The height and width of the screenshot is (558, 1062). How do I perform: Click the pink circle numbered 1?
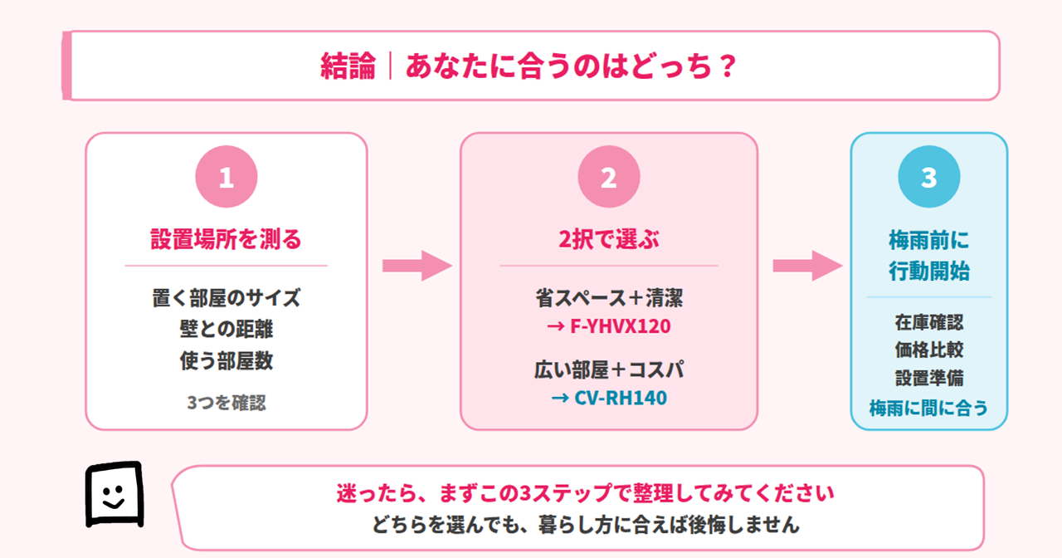[226, 177]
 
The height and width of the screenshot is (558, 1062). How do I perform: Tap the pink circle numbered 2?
[608, 177]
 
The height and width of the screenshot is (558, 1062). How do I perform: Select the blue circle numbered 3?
[928, 177]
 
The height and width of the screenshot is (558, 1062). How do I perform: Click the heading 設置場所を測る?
[226, 240]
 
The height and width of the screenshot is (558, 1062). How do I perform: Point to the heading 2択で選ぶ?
[608, 240]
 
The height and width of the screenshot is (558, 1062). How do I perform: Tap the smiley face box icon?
[114, 494]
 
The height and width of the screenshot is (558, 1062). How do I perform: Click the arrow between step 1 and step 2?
[415, 266]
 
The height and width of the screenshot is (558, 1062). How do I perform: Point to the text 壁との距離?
[226, 329]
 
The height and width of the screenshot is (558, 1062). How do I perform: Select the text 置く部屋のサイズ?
[226, 298]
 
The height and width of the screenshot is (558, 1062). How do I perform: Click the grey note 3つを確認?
[226, 403]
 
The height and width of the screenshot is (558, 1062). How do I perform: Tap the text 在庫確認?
[928, 322]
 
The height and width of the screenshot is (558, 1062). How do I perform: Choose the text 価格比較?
[928, 350]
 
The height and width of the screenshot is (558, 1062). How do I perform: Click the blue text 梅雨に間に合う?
[928, 407]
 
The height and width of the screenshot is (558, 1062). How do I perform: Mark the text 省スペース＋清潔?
[608, 298]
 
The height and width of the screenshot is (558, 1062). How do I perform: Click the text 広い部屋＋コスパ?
[608, 370]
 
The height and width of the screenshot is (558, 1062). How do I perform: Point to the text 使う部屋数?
[226, 360]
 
